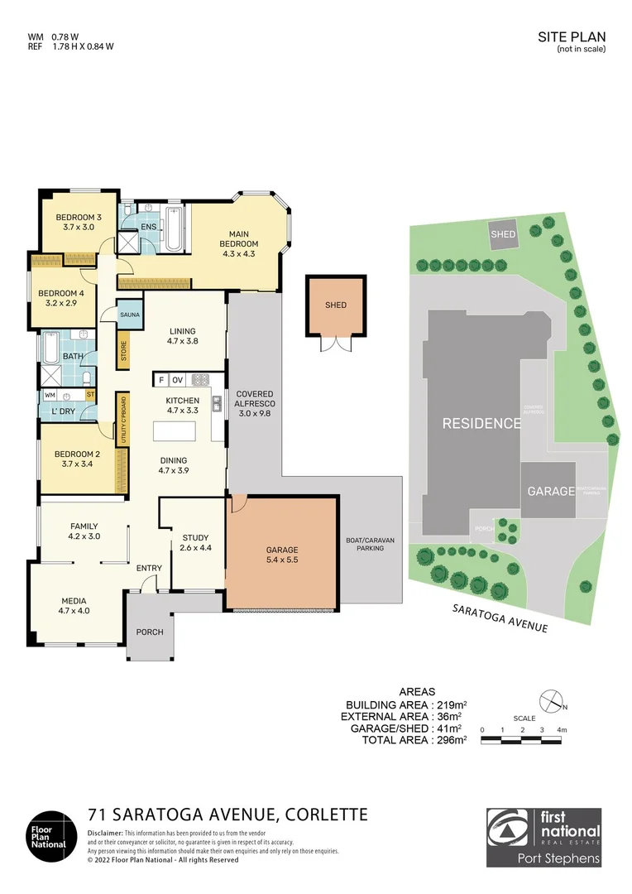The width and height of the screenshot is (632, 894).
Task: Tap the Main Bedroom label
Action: coord(239,238)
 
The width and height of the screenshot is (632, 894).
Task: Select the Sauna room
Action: coord(130,315)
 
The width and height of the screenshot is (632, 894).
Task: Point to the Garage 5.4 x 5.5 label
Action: coord(281,555)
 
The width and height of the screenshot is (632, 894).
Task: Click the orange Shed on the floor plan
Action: coord(335,305)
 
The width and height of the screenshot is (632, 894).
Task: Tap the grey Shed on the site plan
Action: coord(503,234)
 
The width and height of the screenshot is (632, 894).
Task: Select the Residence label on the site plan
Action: coord(481,423)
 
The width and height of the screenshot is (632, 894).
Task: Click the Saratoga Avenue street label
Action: coord(499,618)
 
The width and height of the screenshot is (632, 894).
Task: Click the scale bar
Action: coord(521,737)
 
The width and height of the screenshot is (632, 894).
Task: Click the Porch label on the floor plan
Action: coord(150,632)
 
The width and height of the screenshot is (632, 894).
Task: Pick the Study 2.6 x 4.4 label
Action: coord(195,543)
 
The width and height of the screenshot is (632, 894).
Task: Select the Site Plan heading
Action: coord(572,36)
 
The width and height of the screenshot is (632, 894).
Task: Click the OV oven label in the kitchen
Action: coord(177,380)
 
